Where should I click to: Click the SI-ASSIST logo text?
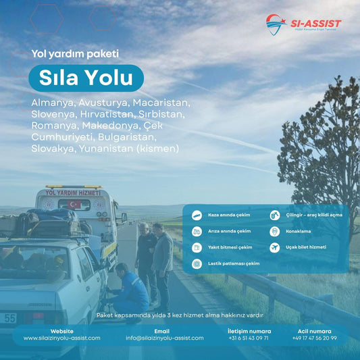(x=315, y=24)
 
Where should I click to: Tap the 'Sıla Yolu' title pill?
(x=86, y=78)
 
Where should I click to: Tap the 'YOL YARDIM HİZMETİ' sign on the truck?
(x=72, y=192)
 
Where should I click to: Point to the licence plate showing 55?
(x=9, y=317)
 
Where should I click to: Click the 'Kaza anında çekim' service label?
(x=230, y=215)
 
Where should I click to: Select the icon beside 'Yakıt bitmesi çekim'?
(x=197, y=248)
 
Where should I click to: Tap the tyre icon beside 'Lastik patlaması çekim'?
(x=197, y=263)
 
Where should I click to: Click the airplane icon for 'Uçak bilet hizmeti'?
(x=274, y=248)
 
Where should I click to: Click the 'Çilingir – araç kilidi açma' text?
(x=314, y=215)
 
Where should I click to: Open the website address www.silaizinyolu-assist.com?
(x=61, y=338)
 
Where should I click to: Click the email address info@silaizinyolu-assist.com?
(x=164, y=338)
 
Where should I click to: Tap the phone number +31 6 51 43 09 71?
(x=249, y=338)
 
